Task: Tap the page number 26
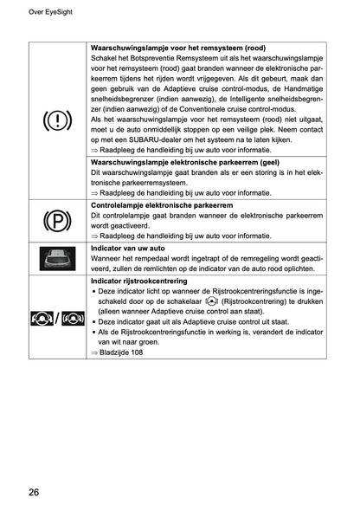click(32, 492)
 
